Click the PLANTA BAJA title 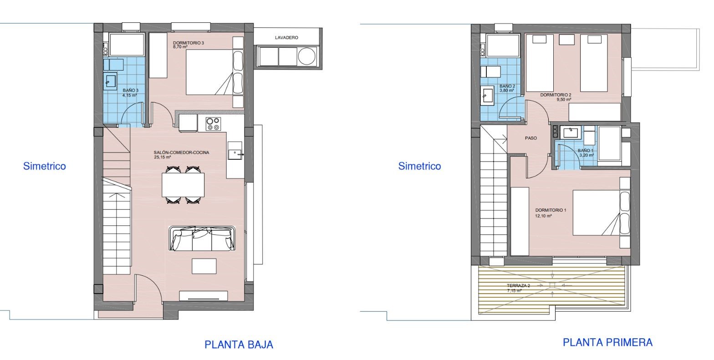coord(239,345)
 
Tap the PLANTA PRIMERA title coord(607,342)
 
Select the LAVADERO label coord(286,38)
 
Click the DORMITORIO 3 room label coord(189,43)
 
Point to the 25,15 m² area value coord(163,157)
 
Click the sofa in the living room coord(202,238)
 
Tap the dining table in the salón coord(183,185)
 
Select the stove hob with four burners coord(213,124)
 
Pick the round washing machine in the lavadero coord(306,56)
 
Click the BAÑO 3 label coord(130,91)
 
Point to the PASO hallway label coord(531,138)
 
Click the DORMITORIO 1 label coord(551,210)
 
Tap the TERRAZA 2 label coord(518,286)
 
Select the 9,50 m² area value coord(564,100)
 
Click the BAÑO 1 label coord(586,151)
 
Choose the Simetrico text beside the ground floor coord(44,166)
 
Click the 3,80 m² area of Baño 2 coord(506,91)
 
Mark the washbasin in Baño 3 coord(110,81)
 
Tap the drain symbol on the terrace coord(552,285)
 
